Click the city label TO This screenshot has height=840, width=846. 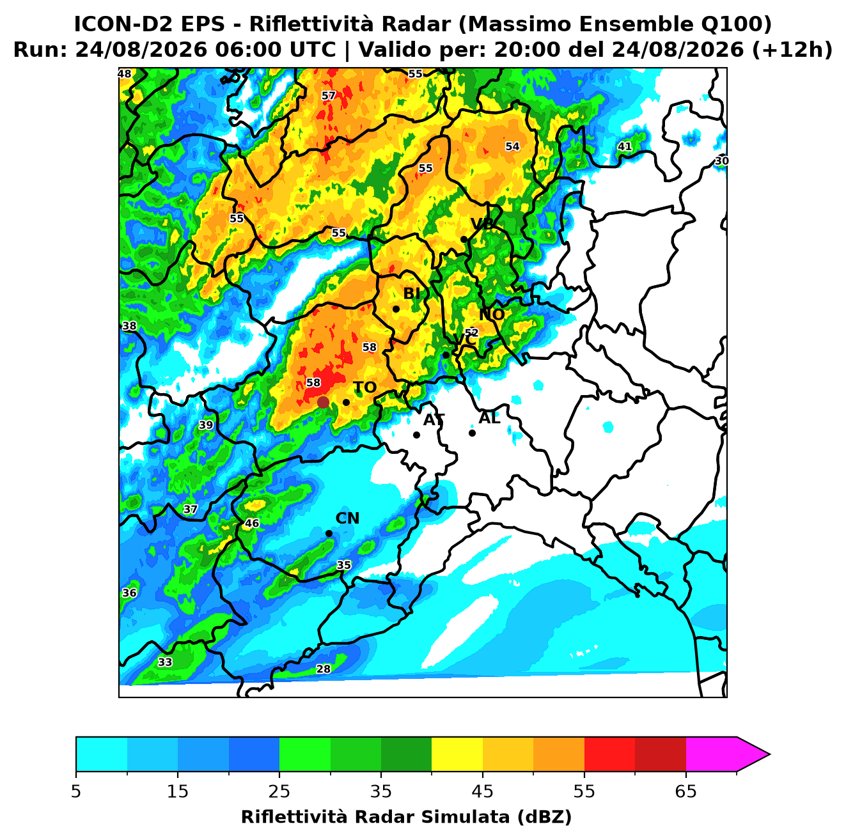pos(365,387)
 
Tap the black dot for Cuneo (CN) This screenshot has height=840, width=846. pos(329,534)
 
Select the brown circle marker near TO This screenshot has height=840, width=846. pos(323,401)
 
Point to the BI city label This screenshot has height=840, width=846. pos(411,293)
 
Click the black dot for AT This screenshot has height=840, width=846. pos(417,435)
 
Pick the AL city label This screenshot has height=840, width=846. pos(490,417)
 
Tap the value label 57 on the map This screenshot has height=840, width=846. pos(329,96)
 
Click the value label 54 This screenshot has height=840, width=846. pos(512,146)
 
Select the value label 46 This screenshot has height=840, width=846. pos(251,524)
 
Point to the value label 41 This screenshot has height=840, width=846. pos(625,146)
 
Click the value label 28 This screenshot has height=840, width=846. pos(323,669)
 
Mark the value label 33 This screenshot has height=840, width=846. pos(165,662)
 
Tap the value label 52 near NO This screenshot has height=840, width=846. pos(471,332)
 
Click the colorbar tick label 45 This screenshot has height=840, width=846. pos(483,791)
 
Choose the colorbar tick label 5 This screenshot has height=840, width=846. pos(76,791)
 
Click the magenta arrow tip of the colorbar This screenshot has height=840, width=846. pos(769,755)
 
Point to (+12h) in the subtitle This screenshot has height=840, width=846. pos(792,50)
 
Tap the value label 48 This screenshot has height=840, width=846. pos(125,74)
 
